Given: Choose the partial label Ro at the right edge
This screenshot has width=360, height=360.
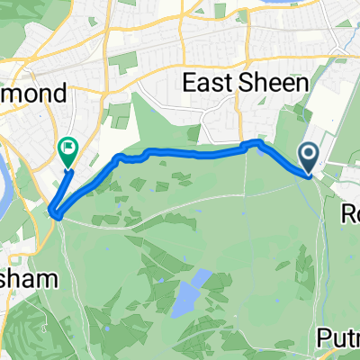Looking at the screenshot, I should point(351,213).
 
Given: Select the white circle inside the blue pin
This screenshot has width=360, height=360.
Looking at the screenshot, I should point(309,154).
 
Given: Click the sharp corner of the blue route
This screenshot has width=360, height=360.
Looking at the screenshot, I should point(56,214).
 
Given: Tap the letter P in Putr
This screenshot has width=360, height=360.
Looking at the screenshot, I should point(325,337).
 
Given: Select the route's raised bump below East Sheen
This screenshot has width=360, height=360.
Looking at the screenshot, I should point(256,142).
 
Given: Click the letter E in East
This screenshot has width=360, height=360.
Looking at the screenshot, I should point(190,84).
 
